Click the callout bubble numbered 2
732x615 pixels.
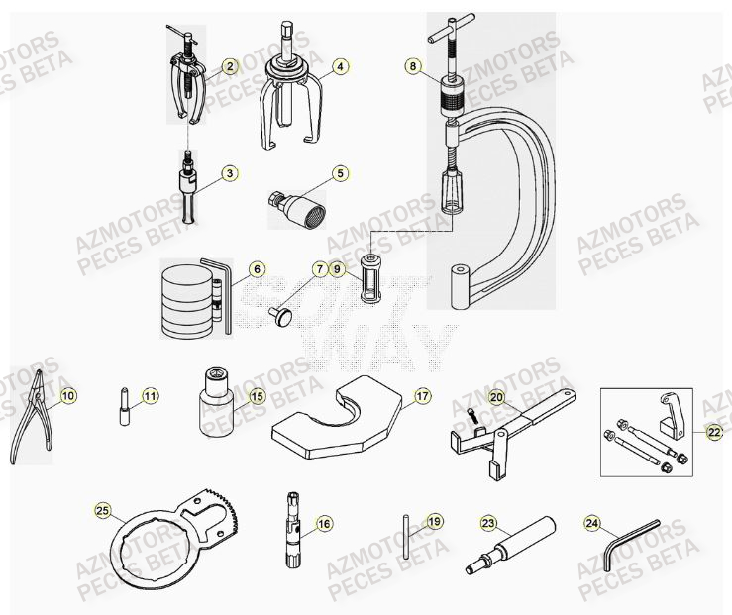point(230,67)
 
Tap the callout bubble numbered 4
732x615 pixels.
point(340,67)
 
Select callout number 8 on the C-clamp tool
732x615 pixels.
point(413,67)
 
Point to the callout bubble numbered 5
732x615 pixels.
point(340,173)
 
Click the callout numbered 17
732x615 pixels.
point(422,396)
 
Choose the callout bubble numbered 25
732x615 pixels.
point(102,511)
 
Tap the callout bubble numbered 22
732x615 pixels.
point(714,431)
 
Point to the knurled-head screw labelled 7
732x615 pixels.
point(283,316)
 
